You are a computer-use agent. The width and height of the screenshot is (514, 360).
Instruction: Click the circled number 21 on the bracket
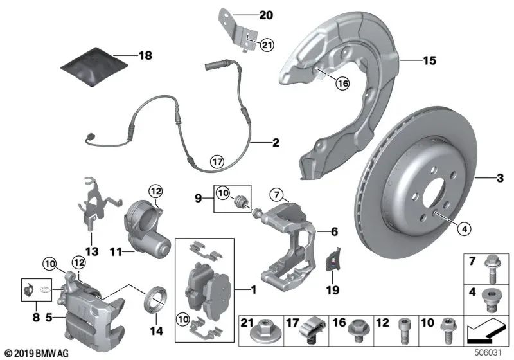266,44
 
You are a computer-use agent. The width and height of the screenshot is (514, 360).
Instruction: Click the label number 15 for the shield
429,61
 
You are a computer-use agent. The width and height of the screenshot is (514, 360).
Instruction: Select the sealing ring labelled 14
155,299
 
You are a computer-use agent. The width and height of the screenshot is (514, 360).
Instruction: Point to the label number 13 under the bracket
91,251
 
